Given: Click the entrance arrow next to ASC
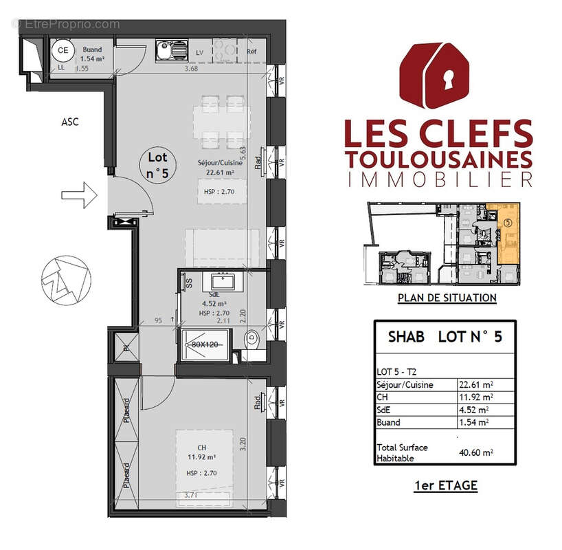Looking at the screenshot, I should pyautogui.click(x=78, y=195).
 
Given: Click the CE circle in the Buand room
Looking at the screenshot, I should pyautogui.click(x=63, y=51).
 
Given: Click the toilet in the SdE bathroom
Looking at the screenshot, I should pyautogui.click(x=252, y=338).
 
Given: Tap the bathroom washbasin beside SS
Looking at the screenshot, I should pyautogui.click(x=223, y=280).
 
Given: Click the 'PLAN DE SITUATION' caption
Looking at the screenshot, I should pyautogui.click(x=447, y=298).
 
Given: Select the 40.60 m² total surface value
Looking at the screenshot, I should pyautogui.click(x=475, y=452).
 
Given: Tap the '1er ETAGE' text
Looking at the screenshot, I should pyautogui.click(x=446, y=485).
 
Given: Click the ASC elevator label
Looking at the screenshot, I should pyautogui.click(x=69, y=122).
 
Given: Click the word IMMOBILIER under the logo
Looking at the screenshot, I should pyautogui.click(x=440, y=180).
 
